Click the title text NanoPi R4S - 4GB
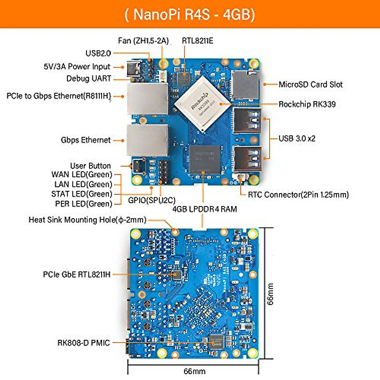tap(190, 15)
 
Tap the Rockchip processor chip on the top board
tap(203, 103)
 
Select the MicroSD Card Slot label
tap(310, 85)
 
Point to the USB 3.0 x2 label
tap(297, 138)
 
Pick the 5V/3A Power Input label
tap(77, 67)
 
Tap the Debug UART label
tap(89, 79)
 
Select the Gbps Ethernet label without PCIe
tap(85, 140)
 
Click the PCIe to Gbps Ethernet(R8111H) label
tap(59, 96)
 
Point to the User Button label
tap(90, 166)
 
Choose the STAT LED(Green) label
tap(82, 194)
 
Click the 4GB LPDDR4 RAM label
tap(205, 209)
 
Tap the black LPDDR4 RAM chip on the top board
tap(205, 159)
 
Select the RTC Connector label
tap(298, 194)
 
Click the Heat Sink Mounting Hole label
tap(87, 220)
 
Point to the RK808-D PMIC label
tap(84, 343)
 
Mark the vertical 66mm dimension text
tap(270, 294)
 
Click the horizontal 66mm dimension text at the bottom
tap(194, 371)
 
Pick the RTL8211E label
tap(197, 41)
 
